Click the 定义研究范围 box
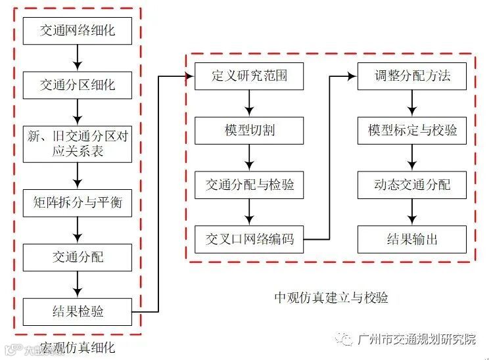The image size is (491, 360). tap(249, 76)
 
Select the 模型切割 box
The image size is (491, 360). tap(249, 130)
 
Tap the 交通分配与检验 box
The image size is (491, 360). tap(249, 185)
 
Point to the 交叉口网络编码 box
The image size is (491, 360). tap(249, 239)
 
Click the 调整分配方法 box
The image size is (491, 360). tap(412, 76)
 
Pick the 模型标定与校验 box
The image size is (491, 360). tap(412, 130)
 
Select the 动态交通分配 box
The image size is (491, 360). tap(412, 185)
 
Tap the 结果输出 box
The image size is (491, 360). tap(412, 239)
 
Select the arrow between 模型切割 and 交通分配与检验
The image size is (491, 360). tap(249, 158)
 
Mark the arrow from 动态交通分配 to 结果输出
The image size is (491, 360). tap(412, 212)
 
